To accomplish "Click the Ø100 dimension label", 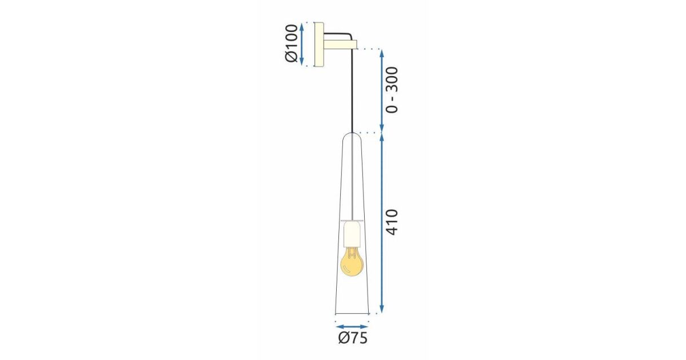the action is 291,43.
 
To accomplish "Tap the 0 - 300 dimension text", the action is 392,90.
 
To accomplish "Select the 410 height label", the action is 392,222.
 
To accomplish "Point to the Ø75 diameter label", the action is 353,338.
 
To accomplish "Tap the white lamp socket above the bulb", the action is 353,234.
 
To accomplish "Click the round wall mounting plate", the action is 319,45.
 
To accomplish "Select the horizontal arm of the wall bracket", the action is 340,45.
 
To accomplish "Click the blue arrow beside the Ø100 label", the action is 302,43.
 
